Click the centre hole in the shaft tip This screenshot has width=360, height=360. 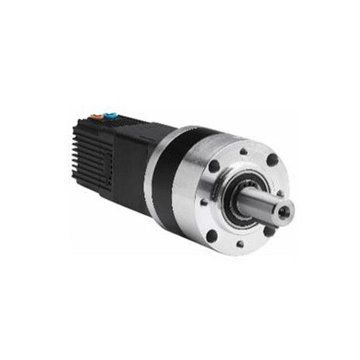[286, 211]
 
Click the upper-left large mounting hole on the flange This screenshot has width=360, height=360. [214, 166]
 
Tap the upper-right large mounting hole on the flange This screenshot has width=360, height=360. [272, 160]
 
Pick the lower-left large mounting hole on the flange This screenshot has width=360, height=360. [212, 236]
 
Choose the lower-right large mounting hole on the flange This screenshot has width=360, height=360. [269, 231]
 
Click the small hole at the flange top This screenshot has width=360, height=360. [244, 151]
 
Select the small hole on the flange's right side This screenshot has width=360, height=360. [281, 193]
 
